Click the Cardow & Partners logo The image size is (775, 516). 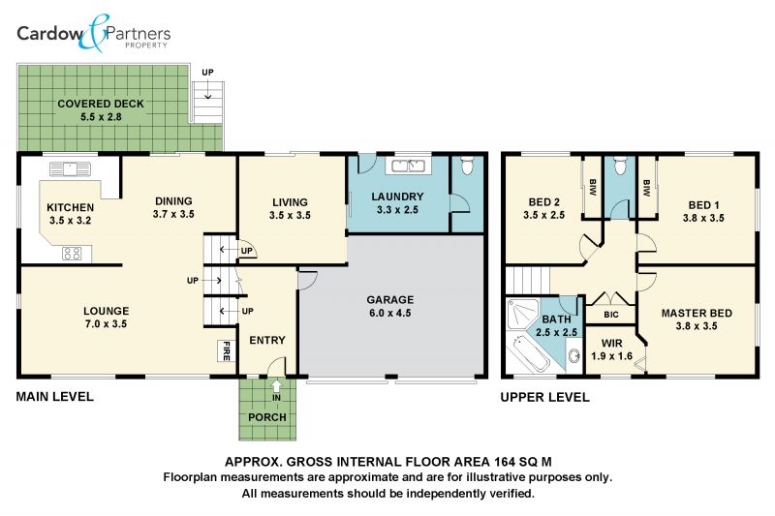click(94, 34)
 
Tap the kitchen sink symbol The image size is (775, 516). click(70, 169)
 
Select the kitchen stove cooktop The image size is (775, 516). click(72, 254)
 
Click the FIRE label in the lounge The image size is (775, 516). click(227, 351)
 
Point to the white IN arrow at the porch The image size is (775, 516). click(277, 385)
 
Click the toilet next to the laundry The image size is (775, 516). click(467, 166)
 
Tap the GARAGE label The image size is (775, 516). click(390, 300)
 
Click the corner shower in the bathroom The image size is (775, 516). click(522, 315)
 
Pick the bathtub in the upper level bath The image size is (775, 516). click(528, 353)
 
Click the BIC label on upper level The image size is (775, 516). click(611, 315)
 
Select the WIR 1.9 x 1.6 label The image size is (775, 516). click(612, 349)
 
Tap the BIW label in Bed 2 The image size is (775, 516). click(593, 188)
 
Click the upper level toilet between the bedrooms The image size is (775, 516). click(620, 166)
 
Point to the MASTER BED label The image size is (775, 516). click(697, 313)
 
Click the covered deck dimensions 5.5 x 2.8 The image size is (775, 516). click(101, 117)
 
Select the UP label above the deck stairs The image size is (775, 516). click(207, 73)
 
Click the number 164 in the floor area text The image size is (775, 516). click(504, 462)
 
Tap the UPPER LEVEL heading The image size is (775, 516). click(544, 398)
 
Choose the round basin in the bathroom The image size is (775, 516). click(573, 355)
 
